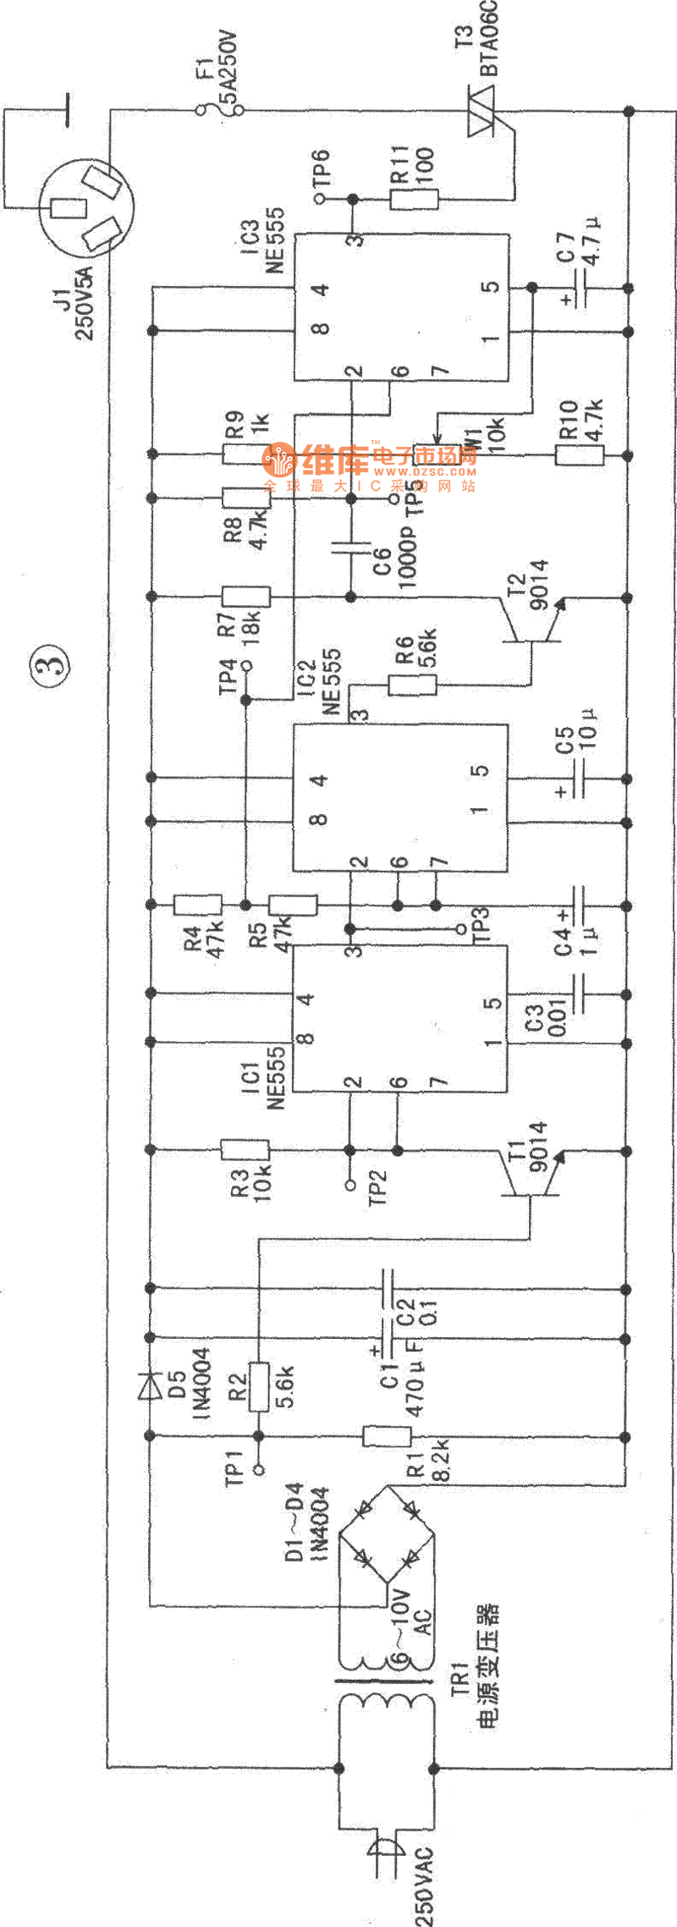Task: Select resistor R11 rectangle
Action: pos(415,200)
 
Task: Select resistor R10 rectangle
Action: pos(580,455)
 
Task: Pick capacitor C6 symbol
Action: pos(350,548)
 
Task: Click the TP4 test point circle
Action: pos(247,665)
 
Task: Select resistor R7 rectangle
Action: pos(245,597)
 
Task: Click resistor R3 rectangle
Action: pos(245,1149)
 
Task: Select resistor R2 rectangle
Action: pos(259,1386)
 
